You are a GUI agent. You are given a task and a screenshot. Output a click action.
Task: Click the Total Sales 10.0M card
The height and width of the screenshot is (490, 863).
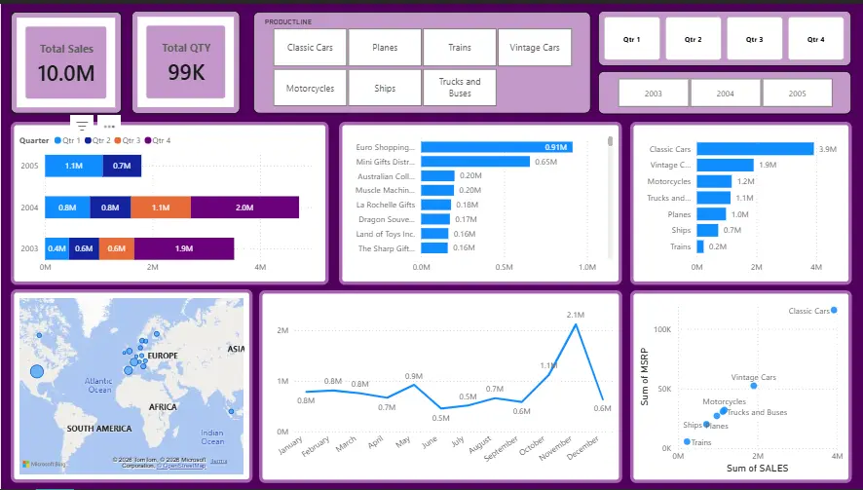tap(65, 62)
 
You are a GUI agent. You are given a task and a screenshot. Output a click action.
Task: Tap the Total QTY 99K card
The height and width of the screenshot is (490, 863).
tap(186, 62)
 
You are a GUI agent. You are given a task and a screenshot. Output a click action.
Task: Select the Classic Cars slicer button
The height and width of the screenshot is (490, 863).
tap(310, 47)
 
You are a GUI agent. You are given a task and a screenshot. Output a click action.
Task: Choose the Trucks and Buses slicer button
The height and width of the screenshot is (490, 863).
tap(460, 88)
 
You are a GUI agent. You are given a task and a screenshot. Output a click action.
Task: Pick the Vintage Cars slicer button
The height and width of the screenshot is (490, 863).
tap(535, 47)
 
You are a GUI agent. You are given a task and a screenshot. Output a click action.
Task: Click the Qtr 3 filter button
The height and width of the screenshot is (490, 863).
tap(754, 39)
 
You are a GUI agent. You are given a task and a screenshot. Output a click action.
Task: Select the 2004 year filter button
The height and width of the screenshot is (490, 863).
tap(725, 94)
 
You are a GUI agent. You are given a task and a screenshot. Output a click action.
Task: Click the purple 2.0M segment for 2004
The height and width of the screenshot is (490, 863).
tap(244, 207)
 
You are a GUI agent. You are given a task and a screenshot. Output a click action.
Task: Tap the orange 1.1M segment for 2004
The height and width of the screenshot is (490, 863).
tap(161, 207)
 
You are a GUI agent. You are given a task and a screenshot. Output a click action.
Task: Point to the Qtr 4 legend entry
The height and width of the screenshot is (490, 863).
tap(157, 140)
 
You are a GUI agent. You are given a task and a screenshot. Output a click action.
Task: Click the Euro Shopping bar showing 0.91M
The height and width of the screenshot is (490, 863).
tap(496, 147)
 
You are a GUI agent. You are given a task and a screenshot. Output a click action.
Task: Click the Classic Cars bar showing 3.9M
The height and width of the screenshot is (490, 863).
tap(755, 149)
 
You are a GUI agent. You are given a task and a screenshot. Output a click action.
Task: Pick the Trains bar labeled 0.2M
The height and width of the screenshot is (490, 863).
tap(700, 246)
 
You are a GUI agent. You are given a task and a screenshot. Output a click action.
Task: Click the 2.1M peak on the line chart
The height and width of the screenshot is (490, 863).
tap(577, 324)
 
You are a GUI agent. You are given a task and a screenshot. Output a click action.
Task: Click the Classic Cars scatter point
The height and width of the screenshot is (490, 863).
tap(834, 310)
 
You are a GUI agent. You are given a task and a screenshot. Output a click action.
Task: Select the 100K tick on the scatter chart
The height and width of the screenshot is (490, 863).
tap(661, 330)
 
